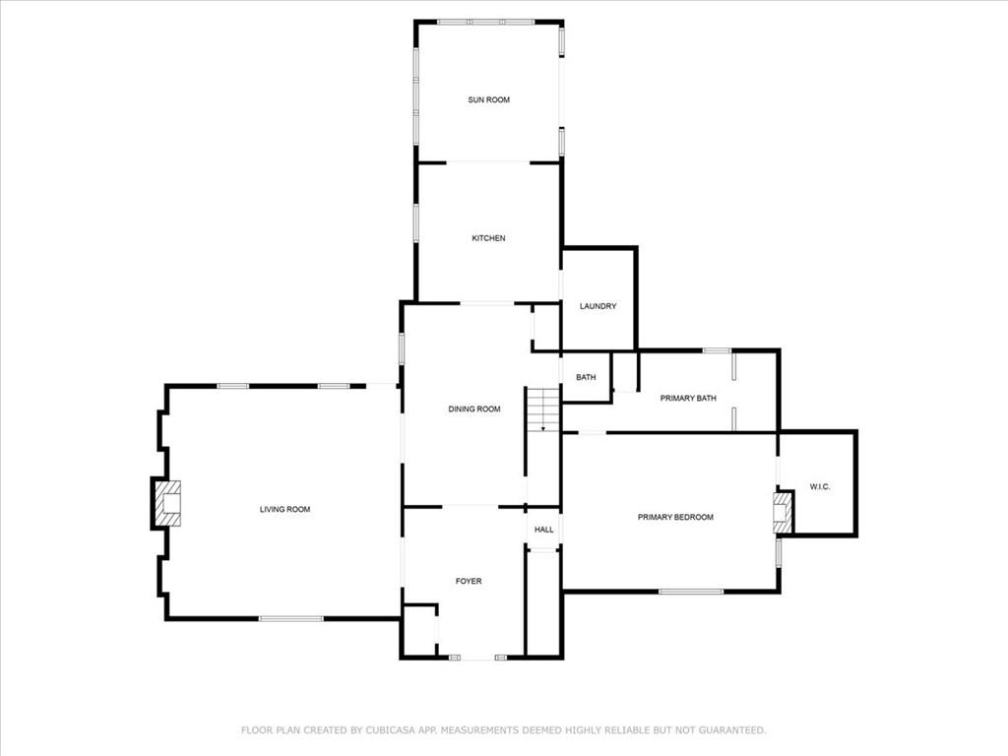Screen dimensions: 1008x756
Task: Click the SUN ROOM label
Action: click(x=488, y=99)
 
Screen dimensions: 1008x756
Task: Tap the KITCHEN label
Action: click(x=488, y=238)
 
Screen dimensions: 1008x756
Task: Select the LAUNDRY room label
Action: click(x=598, y=306)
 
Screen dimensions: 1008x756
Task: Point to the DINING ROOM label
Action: click(x=474, y=409)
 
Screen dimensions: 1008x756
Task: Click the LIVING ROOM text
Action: click(x=284, y=509)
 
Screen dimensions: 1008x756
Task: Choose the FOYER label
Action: click(x=469, y=581)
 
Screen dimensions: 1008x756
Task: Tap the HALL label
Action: click(x=543, y=530)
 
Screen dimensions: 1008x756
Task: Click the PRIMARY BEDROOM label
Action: click(x=675, y=517)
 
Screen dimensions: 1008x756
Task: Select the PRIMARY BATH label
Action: click(x=688, y=399)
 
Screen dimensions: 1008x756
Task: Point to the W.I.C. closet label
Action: click(x=820, y=486)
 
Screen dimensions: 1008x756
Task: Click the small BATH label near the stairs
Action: click(x=586, y=377)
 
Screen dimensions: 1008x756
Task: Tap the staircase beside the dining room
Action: click(x=543, y=409)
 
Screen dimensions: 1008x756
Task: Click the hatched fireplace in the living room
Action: click(x=168, y=503)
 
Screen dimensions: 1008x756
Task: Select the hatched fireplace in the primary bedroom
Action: click(x=781, y=513)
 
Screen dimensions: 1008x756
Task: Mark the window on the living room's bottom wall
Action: click(x=291, y=618)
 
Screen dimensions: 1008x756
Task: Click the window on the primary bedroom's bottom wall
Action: click(x=691, y=592)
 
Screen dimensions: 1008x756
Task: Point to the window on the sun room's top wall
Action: click(x=486, y=22)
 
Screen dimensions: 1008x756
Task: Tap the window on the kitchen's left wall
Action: click(x=416, y=223)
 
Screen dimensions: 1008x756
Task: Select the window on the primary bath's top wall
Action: click(x=717, y=350)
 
